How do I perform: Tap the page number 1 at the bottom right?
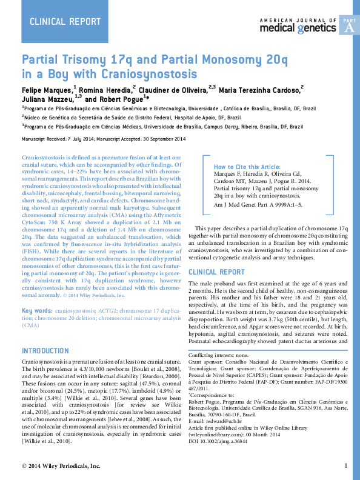click(345, 465)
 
